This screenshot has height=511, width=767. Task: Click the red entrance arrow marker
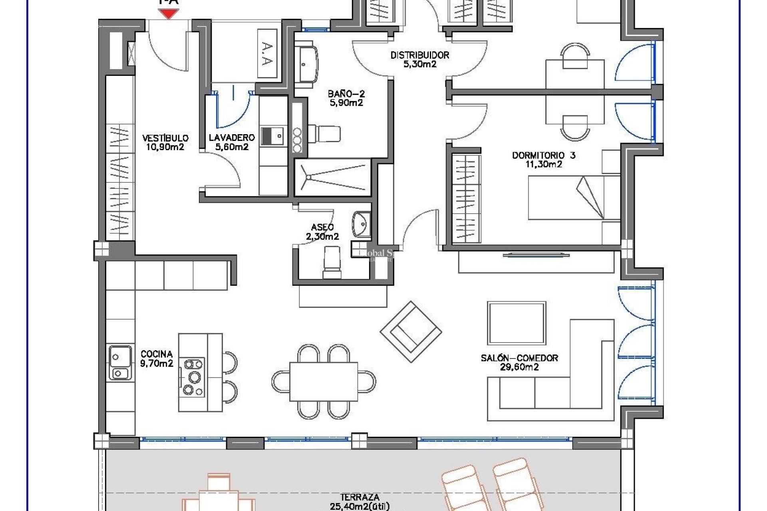pyautogui.click(x=169, y=14)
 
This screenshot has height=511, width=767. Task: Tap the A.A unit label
pyautogui.click(x=267, y=54)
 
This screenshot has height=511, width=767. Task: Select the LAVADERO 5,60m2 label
pyautogui.click(x=232, y=142)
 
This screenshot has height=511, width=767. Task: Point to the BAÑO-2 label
pyautogui.click(x=346, y=99)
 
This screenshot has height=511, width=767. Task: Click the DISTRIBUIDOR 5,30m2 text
pyautogui.click(x=419, y=59)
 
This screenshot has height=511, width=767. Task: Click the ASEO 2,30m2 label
pyautogui.click(x=322, y=232)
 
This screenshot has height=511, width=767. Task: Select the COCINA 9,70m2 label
pyautogui.click(x=157, y=358)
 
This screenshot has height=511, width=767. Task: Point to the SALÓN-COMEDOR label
pyautogui.click(x=519, y=362)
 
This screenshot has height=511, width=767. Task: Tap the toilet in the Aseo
pyautogui.click(x=332, y=262)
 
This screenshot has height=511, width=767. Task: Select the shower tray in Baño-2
pyautogui.click(x=332, y=178)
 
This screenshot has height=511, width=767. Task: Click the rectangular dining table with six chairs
pyautogui.click(x=324, y=381)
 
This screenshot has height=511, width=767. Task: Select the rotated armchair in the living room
pyautogui.click(x=411, y=331)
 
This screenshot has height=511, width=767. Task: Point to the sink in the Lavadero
pyautogui.click(x=273, y=136)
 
